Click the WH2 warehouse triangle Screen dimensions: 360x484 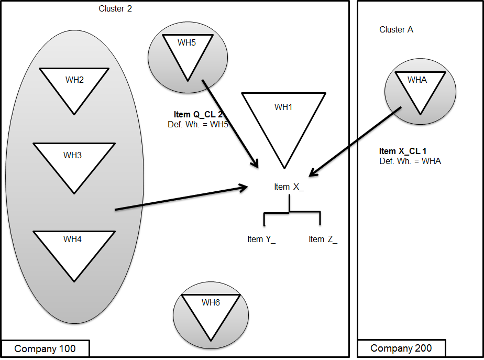[x=74, y=86]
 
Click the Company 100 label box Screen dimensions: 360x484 [x=45, y=348]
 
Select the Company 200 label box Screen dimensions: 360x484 [x=401, y=348]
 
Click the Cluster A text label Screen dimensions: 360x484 [x=396, y=30]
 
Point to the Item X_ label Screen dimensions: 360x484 [x=289, y=187]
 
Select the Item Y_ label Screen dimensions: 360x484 [x=261, y=239]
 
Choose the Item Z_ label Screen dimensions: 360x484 [x=323, y=239]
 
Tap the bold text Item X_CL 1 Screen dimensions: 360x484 [x=402, y=151]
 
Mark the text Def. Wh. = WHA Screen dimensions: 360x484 [x=410, y=161]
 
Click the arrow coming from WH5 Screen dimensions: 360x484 [x=230, y=124]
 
